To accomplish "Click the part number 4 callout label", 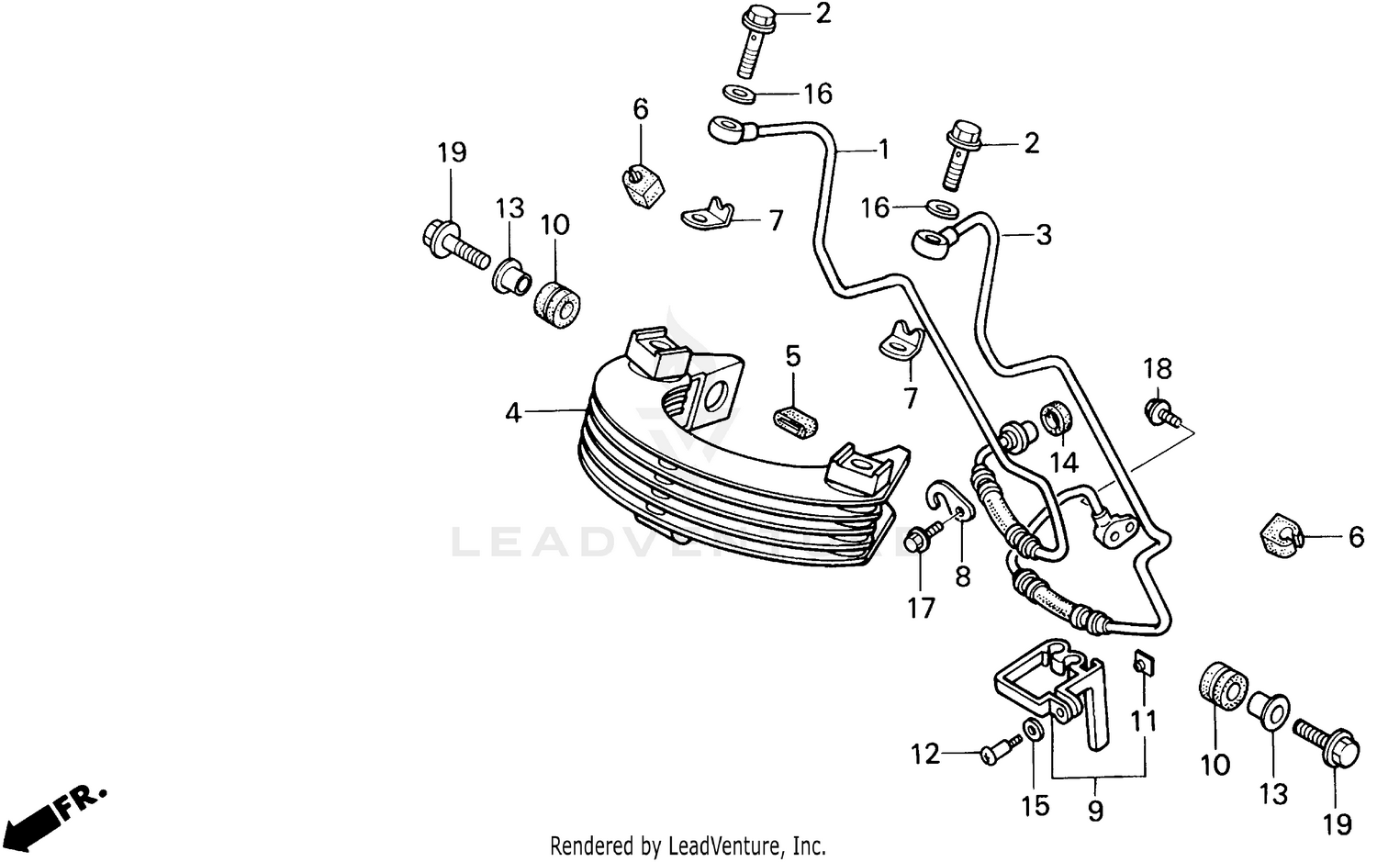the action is click(513, 413).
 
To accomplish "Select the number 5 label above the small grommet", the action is click(793, 356).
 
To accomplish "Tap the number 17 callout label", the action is click(921, 608).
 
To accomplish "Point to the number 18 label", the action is click(1158, 369).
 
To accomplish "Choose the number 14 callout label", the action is click(1064, 462).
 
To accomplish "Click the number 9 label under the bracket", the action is click(1095, 811).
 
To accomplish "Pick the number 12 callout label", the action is click(925, 754).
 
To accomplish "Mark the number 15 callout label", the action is click(1035, 805).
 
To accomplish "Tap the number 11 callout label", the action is click(1143, 721).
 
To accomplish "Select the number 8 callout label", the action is click(962, 577).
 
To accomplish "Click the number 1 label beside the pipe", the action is click(884, 149).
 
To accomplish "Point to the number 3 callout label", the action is click(1043, 235).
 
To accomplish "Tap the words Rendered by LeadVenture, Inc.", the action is click(688, 845).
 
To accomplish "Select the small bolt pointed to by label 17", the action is click(922, 540).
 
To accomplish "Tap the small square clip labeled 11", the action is click(1140, 662).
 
